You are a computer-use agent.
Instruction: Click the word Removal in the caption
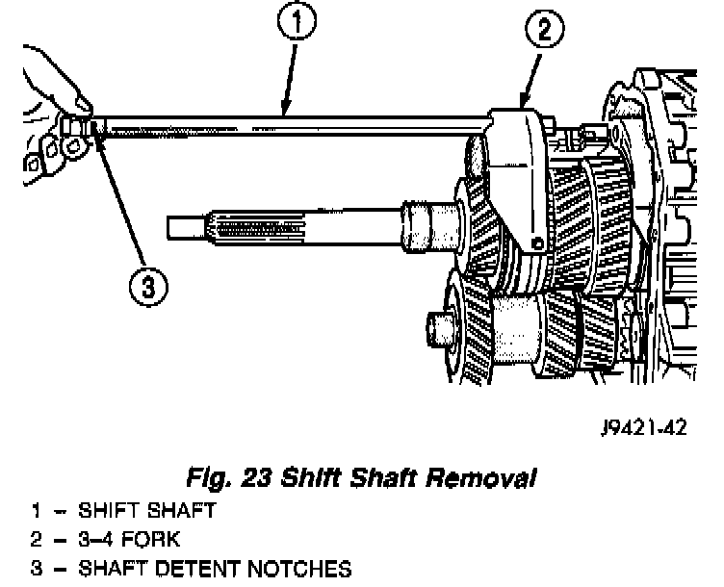click(480, 476)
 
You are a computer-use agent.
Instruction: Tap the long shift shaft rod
click(289, 122)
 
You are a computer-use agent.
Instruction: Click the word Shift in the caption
click(298, 476)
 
